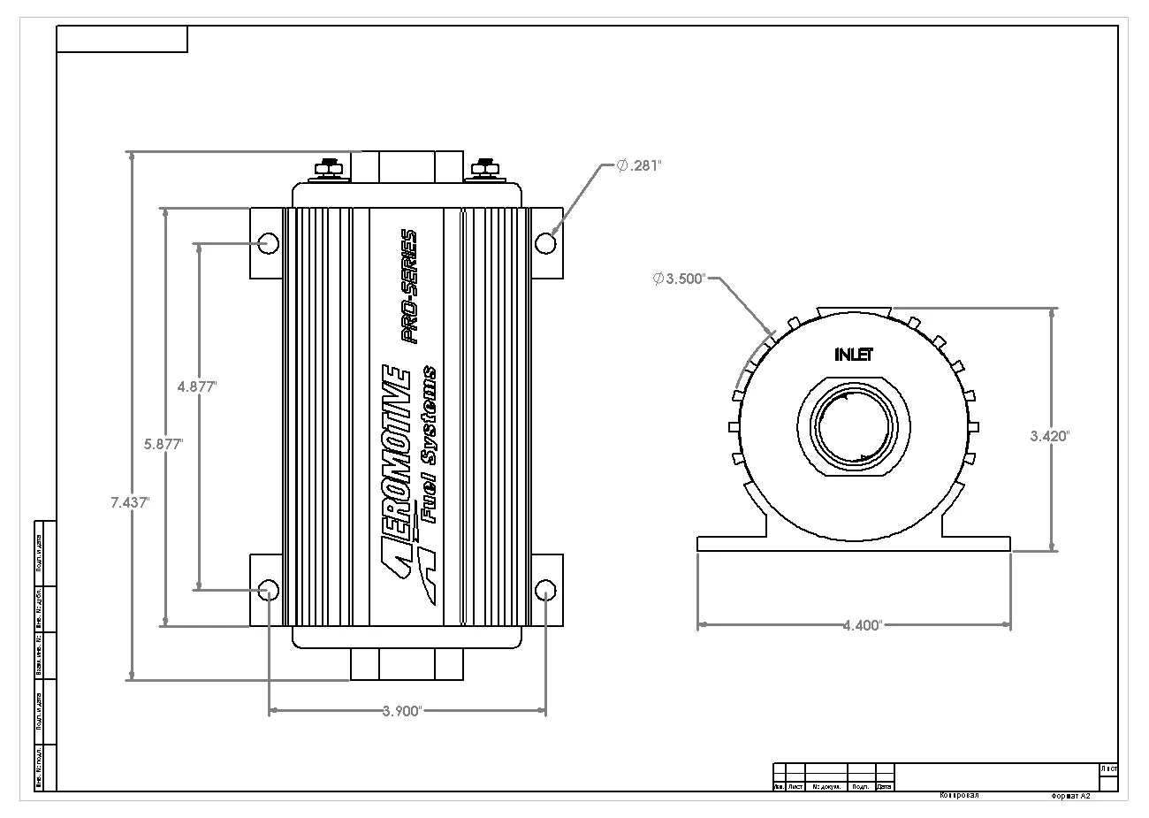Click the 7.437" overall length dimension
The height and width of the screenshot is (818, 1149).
(x=130, y=501)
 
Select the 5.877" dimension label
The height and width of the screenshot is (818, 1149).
(x=164, y=445)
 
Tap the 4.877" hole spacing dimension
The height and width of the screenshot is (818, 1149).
(x=197, y=386)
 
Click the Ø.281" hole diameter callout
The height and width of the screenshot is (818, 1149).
(x=638, y=165)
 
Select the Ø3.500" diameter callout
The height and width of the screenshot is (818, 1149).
(x=679, y=279)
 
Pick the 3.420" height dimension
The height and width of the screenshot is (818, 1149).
(x=1050, y=435)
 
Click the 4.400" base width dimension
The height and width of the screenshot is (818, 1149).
(x=861, y=625)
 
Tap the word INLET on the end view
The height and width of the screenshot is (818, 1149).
(x=854, y=355)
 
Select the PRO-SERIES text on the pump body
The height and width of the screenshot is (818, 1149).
(x=408, y=285)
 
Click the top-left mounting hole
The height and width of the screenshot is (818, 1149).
(x=269, y=242)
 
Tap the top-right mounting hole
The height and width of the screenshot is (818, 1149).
(x=545, y=242)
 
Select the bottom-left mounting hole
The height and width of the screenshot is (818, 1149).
(x=269, y=590)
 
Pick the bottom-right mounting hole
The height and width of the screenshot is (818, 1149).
(x=545, y=590)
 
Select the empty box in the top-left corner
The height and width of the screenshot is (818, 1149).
(x=122, y=40)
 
